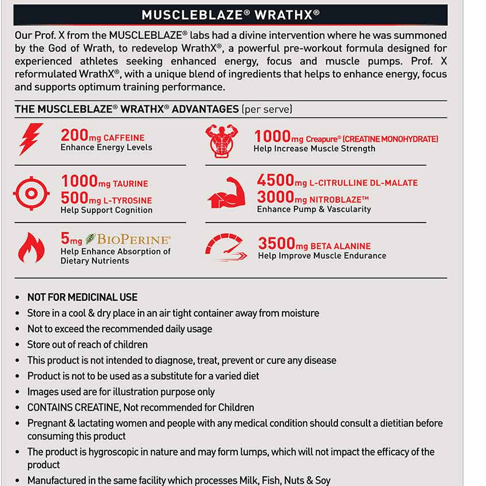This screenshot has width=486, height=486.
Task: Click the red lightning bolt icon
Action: point(31,139)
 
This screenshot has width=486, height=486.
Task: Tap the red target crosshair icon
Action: point(31,193)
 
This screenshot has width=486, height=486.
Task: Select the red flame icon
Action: point(31,247)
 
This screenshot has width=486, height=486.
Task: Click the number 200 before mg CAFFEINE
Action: point(74,136)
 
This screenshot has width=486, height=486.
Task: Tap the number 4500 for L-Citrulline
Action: point(276,181)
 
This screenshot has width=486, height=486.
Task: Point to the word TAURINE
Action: point(130,184)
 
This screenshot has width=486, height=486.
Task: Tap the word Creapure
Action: point(323,139)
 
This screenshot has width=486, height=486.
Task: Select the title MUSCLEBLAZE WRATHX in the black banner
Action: point(230,15)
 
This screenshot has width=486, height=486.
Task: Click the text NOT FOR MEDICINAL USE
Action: point(82,297)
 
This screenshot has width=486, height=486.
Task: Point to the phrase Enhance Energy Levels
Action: point(106,148)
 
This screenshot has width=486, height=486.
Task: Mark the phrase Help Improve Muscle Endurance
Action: point(322,256)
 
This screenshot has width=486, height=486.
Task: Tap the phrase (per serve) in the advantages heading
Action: point(266,109)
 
